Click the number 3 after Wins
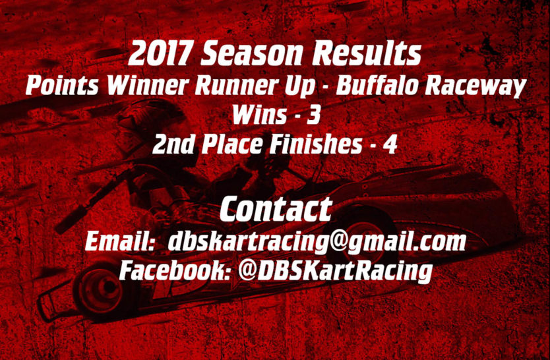313,115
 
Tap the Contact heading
276,209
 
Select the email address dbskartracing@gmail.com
317,242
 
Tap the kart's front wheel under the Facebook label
99,290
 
